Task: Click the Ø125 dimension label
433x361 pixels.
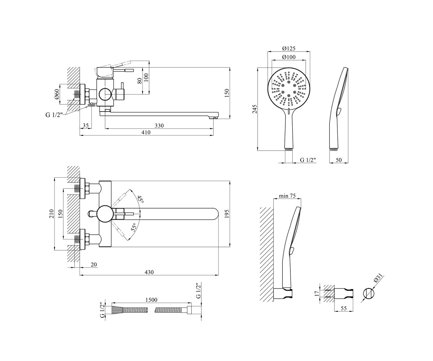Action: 289,48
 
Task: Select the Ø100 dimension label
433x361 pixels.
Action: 289,57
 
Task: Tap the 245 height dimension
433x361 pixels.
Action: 255,109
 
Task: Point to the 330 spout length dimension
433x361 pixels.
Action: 159,126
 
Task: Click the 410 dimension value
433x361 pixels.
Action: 146,132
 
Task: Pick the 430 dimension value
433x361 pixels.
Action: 149,272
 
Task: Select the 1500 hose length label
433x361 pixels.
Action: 151,300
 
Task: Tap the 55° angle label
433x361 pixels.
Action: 134,227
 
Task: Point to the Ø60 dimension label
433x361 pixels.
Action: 57,94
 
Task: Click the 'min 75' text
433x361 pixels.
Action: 287,196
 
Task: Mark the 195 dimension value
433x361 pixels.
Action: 227,214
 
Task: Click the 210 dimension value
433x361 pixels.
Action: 51,214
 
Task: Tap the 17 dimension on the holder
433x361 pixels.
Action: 316,293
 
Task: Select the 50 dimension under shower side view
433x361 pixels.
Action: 338,160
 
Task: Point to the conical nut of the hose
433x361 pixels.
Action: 117,310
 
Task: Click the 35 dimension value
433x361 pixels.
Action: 86,125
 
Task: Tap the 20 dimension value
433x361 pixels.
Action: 94,264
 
